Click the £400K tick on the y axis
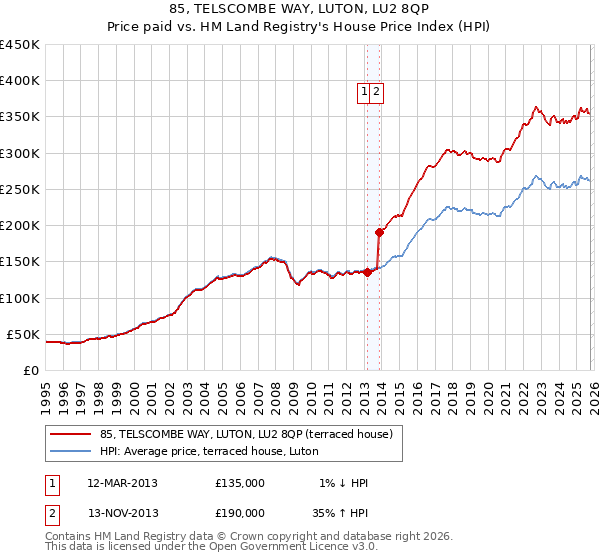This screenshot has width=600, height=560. click(x=20, y=81)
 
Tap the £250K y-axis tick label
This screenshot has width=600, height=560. click(x=20, y=189)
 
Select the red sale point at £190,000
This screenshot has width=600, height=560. click(x=379, y=232)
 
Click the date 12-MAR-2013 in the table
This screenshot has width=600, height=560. click(x=122, y=483)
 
